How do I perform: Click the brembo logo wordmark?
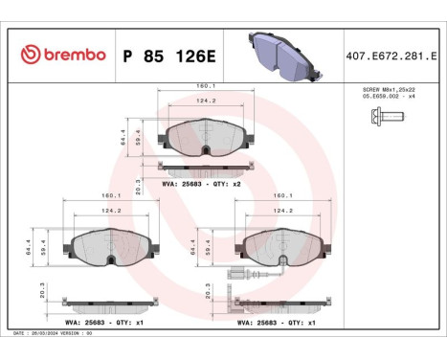point(62,56)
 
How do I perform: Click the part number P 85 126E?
point(171,56)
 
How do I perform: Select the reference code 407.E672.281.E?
point(393,56)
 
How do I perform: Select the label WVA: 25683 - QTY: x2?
point(200,182)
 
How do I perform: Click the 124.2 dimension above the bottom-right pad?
point(282,210)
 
